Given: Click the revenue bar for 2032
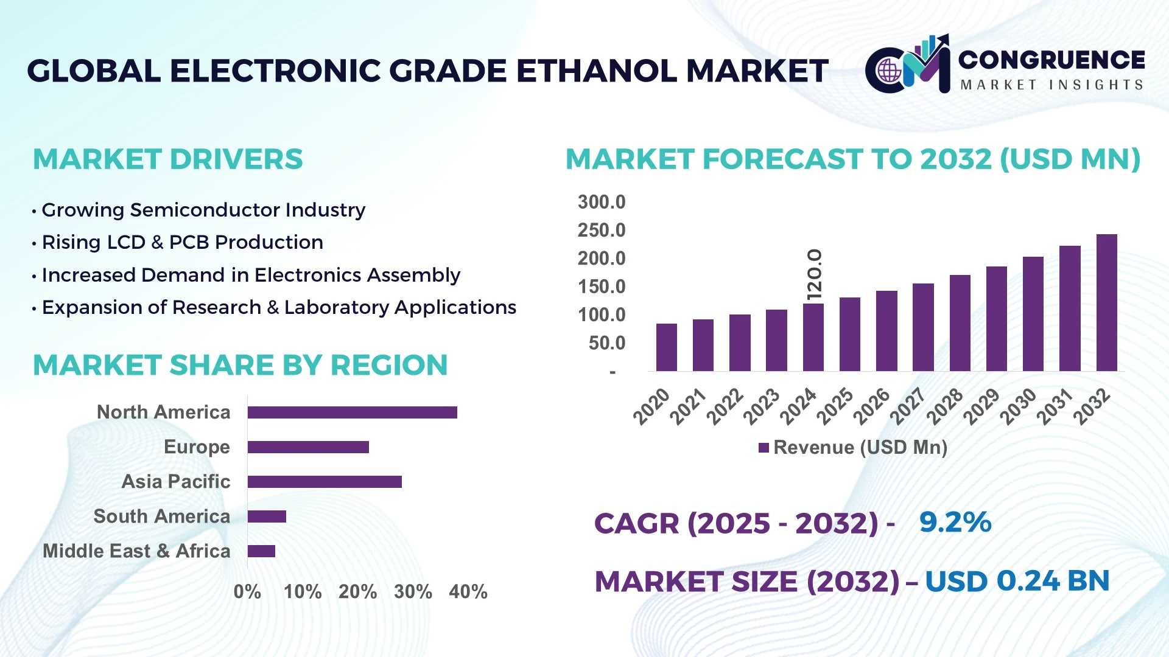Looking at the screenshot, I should pyautogui.click(x=1106, y=302).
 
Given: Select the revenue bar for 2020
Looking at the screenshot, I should pyautogui.click(x=666, y=347).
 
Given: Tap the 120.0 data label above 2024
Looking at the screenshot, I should pyautogui.click(x=814, y=274).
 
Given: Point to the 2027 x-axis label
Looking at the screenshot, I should pyautogui.click(x=907, y=406).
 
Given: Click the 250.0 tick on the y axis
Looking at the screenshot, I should pyautogui.click(x=601, y=231).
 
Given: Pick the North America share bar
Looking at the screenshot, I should pyautogui.click(x=352, y=412).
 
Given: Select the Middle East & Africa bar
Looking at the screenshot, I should pyautogui.click(x=261, y=551).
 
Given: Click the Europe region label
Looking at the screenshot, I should pyautogui.click(x=197, y=447).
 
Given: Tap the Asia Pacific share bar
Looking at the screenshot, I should pyautogui.click(x=325, y=482).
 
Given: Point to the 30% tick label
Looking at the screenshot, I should pyautogui.click(x=413, y=591).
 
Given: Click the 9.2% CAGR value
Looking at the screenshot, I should pyautogui.click(x=955, y=522).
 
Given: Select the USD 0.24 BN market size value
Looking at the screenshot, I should pyautogui.click(x=1017, y=581).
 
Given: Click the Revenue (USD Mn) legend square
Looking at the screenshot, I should pyautogui.click(x=764, y=448).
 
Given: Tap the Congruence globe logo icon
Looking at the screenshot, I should pyautogui.click(x=889, y=71).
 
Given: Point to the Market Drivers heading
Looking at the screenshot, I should pyautogui.click(x=167, y=159).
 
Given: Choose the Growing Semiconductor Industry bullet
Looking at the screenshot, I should pyautogui.click(x=203, y=210).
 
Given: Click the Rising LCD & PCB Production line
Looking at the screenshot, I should pyautogui.click(x=182, y=242).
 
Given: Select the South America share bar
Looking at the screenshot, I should pyautogui.click(x=267, y=516).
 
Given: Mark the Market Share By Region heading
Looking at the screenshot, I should pyautogui.click(x=240, y=365).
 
